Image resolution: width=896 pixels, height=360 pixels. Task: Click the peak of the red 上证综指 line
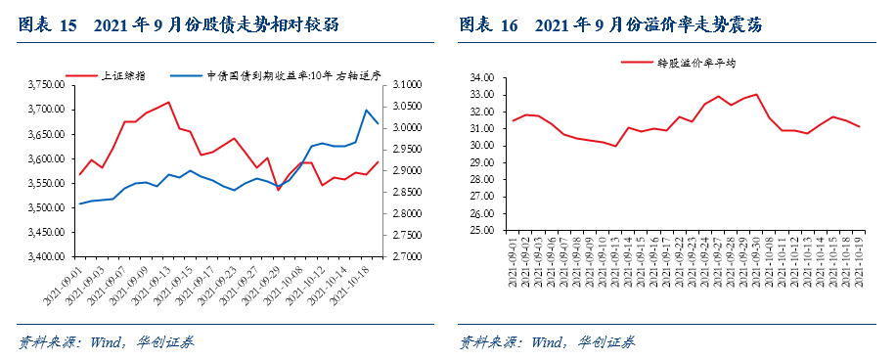169,102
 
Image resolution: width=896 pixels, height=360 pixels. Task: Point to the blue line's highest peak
367,110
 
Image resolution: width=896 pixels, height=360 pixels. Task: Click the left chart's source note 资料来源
49,342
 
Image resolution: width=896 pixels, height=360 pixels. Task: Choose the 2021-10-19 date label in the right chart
856,262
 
